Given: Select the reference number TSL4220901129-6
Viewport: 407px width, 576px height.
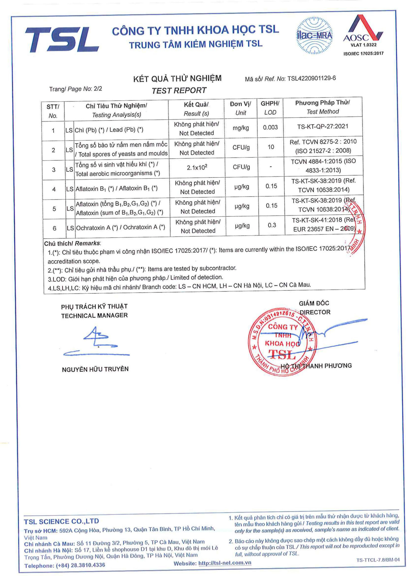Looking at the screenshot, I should (x=311, y=78).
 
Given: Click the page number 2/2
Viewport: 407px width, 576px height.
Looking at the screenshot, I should (x=98, y=89).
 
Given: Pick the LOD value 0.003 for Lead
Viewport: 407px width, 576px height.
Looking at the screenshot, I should (x=270, y=127).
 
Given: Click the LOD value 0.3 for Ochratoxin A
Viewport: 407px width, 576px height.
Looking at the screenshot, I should (x=272, y=225).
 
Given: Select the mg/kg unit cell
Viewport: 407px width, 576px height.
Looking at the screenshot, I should (x=241, y=128).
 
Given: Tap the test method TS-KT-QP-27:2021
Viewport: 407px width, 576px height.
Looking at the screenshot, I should (x=323, y=126).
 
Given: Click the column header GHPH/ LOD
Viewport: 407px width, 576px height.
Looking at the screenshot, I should (x=270, y=108).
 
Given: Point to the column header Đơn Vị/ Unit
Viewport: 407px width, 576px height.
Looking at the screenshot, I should (x=240, y=108).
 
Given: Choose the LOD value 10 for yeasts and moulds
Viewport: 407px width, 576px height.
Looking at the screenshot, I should (x=271, y=147).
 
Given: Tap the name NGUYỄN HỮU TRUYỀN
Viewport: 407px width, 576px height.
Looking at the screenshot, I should (x=95, y=369).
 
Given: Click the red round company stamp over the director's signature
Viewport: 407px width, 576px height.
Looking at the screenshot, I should (x=282, y=341).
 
